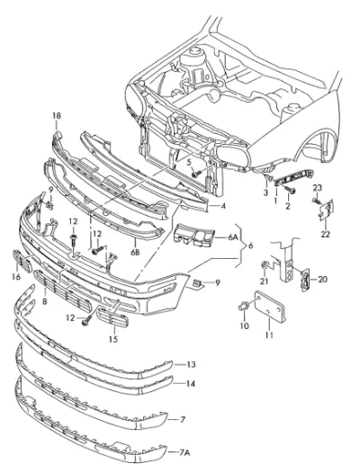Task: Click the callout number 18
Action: pos(57,115)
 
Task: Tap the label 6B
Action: pos(135,252)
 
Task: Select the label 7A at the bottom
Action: pos(184,452)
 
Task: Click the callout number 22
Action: pos(325,234)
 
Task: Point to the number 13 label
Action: pos(191,364)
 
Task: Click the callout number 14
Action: pos(191,384)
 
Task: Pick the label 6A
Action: pos(232,237)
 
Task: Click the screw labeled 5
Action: pos(196,174)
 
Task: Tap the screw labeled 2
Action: pos(291,190)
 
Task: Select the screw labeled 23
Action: pos(316,201)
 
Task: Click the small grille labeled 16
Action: pos(22,261)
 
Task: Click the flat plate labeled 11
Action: pos(269,305)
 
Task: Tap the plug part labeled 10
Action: pos(244,306)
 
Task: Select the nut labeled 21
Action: pos(265,265)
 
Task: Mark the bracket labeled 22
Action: pos(326,210)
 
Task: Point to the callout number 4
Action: pos(223,206)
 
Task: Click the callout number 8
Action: pos(45,301)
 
